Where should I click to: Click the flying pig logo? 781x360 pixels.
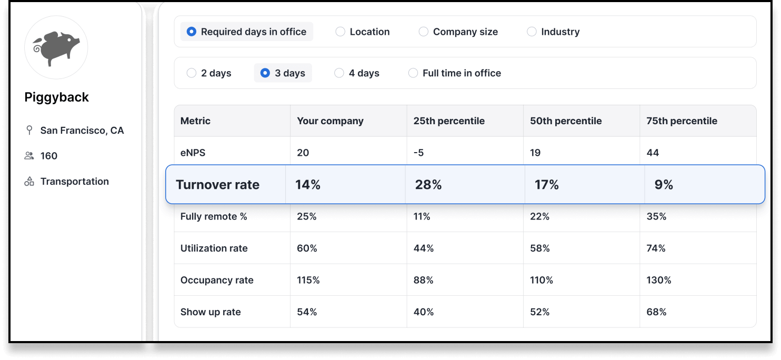[x=56, y=48]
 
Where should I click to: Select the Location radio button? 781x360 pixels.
[x=341, y=32]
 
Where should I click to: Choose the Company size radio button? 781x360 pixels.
[x=424, y=32]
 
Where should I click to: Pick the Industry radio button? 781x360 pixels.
[x=532, y=32]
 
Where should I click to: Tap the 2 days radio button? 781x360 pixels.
[x=192, y=73]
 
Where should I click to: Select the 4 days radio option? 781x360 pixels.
[x=339, y=73]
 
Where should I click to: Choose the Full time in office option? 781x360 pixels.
[x=413, y=73]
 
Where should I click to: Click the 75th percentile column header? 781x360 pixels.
[x=682, y=121]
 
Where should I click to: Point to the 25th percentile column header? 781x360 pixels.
[x=448, y=121]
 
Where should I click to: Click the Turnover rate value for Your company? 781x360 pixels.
[x=308, y=185]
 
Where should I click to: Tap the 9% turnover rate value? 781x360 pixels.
[x=664, y=185]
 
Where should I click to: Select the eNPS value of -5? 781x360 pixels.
[x=419, y=153]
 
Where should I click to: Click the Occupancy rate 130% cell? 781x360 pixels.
[x=659, y=280]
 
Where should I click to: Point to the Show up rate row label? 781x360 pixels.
[x=211, y=312]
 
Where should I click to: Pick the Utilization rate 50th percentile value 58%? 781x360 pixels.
[x=540, y=248]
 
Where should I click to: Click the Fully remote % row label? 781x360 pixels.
[x=214, y=216]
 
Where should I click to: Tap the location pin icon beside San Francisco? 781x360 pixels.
[x=29, y=131]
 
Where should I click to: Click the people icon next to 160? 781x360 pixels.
[x=29, y=156]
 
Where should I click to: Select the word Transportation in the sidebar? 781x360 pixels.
[x=75, y=182]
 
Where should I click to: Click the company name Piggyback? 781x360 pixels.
[x=57, y=97]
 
